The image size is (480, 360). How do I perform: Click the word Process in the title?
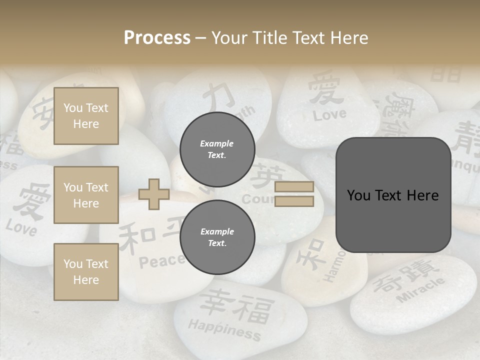[x=157, y=37]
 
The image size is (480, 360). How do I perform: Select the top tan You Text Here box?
[x=86, y=116]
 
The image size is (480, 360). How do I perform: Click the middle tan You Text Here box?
[x=86, y=195]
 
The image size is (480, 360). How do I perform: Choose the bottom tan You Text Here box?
[x=86, y=271]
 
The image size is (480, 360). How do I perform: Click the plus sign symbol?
[x=154, y=194]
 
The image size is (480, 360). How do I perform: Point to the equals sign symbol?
[x=294, y=194]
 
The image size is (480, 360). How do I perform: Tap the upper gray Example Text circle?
[x=217, y=149]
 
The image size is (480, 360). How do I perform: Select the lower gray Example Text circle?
[x=217, y=237]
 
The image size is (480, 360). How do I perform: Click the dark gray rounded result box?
[x=393, y=195]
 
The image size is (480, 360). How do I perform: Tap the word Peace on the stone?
[x=161, y=260]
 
